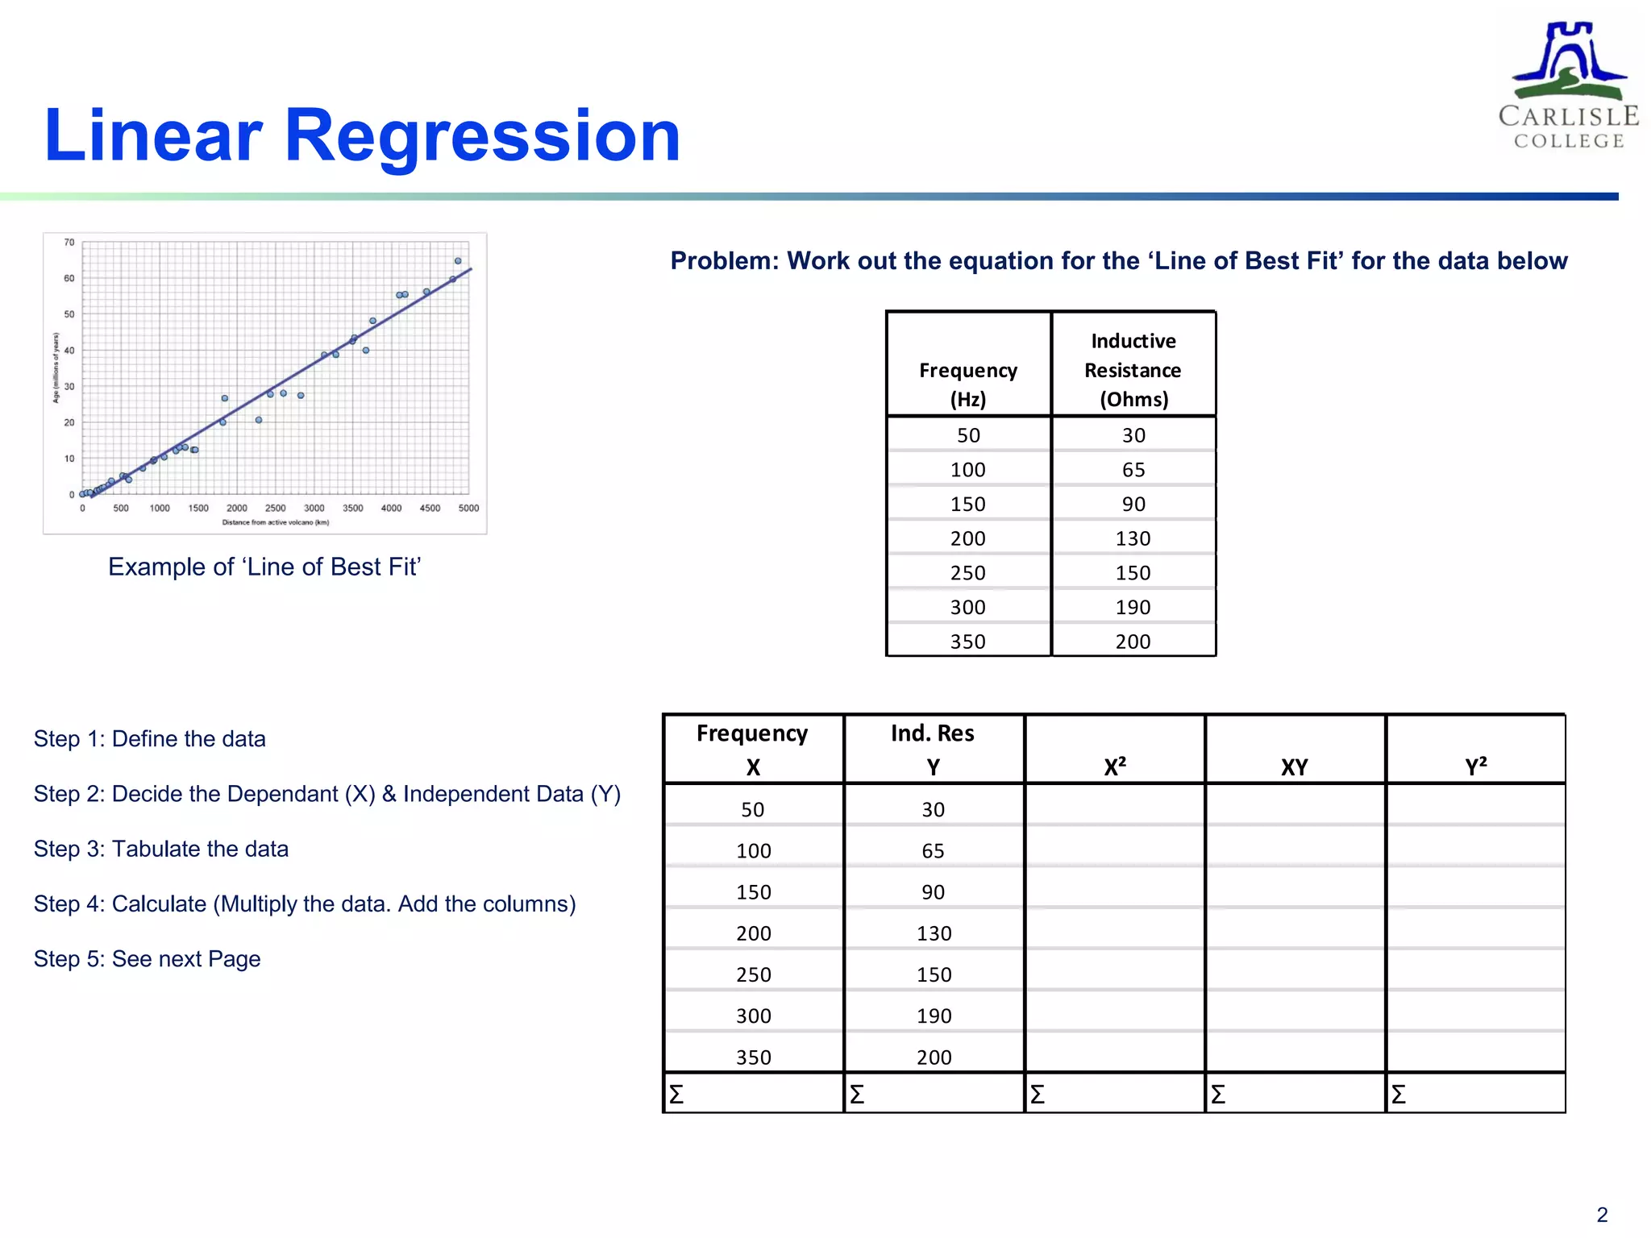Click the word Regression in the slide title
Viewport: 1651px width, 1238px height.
click(482, 135)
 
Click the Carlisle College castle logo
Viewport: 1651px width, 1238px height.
click(1568, 84)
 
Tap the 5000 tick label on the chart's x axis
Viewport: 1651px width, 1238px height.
click(468, 509)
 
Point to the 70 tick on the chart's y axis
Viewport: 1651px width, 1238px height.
click(69, 243)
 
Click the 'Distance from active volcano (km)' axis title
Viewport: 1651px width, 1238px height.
click(276, 522)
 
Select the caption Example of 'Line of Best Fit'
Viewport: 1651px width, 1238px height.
click(264, 567)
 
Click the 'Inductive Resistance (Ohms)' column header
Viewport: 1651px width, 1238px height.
click(1133, 370)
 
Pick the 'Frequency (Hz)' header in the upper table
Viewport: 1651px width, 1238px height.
click(968, 384)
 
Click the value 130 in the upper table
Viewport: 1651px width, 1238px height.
click(1133, 538)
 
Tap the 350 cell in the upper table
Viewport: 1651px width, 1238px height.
click(968, 642)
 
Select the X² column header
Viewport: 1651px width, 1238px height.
click(1115, 766)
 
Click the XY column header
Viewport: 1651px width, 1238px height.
click(1295, 767)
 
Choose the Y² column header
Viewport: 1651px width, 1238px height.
click(1475, 766)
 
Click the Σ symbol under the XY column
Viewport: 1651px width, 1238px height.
click(1218, 1095)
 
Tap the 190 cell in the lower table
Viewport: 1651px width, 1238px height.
click(934, 1016)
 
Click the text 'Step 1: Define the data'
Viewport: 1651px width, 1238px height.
click(150, 739)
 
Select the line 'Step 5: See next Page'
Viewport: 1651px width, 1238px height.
click(148, 959)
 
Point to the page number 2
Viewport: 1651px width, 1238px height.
click(1602, 1215)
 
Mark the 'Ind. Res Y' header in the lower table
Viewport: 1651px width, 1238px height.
click(933, 750)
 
